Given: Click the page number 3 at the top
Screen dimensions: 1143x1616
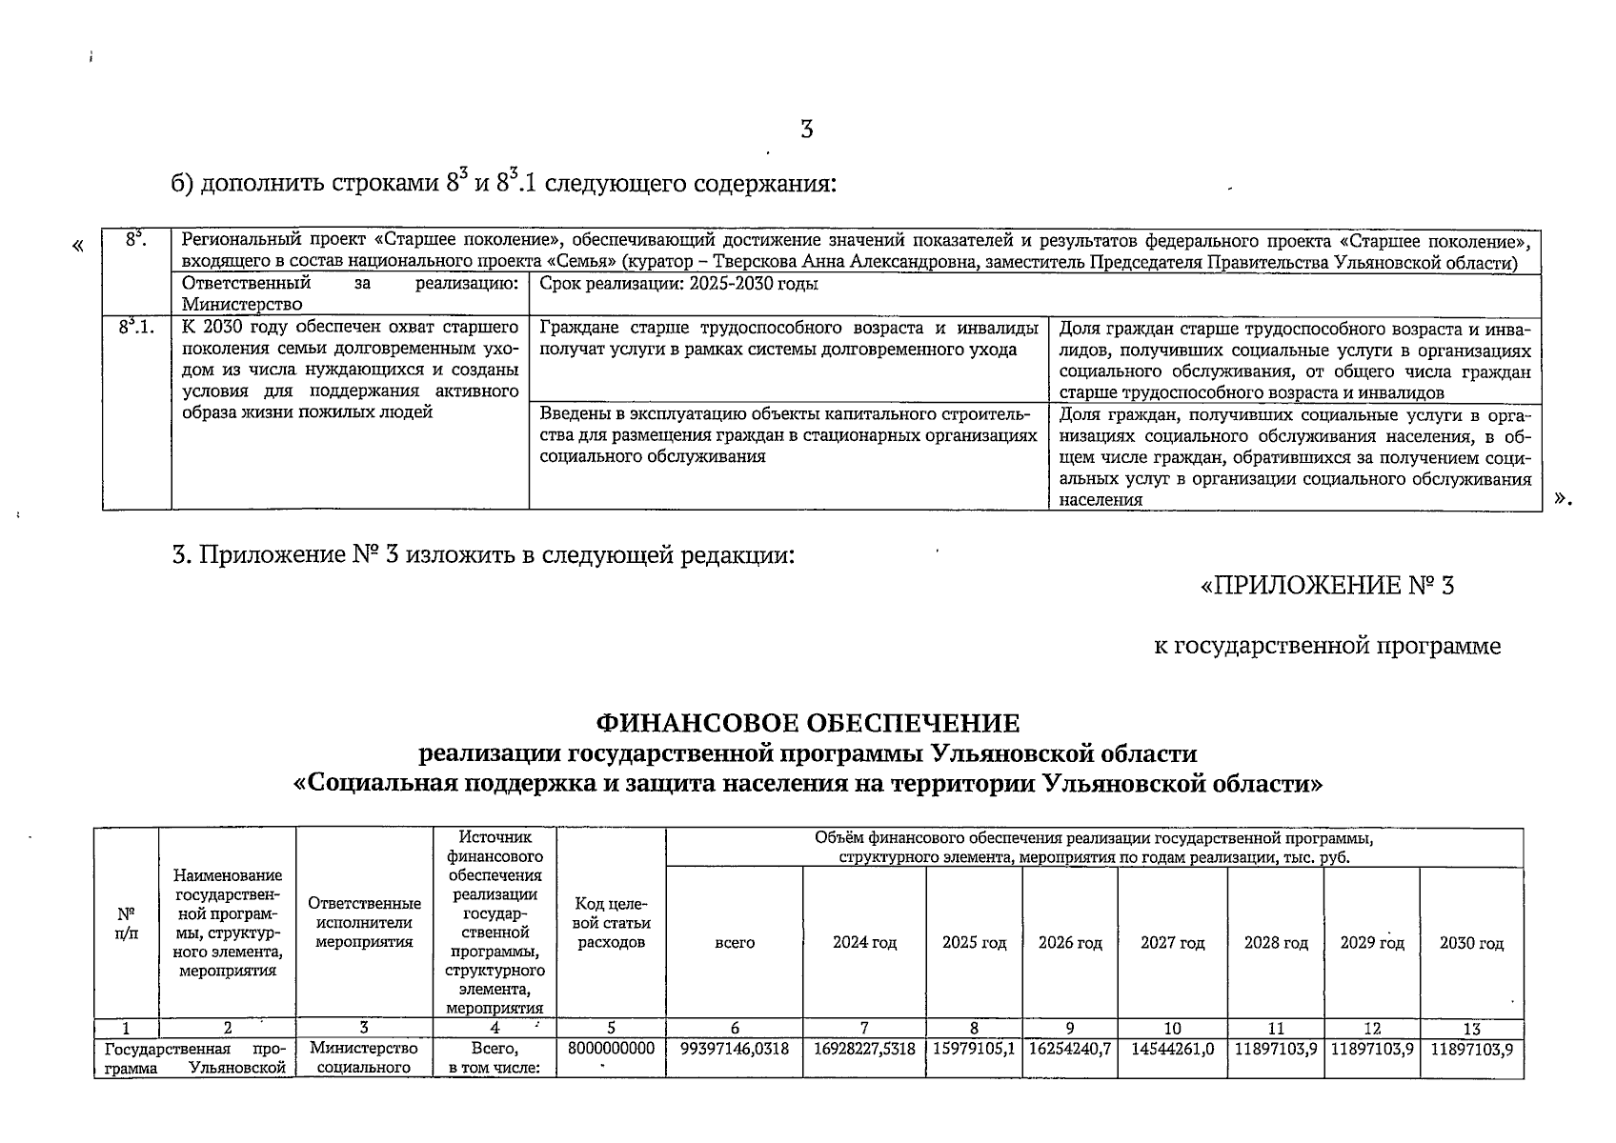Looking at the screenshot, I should coord(806,130).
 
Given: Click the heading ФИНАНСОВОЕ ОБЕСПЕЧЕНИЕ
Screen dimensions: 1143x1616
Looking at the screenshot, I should coord(807,725).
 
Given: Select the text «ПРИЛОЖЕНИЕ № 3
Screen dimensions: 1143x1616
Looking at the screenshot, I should coord(1327,585).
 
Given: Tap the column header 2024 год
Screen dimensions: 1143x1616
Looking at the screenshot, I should coord(864,943).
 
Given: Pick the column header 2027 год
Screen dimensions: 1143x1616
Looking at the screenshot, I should coord(1172,943).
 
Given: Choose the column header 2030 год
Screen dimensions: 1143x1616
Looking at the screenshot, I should coord(1471,943).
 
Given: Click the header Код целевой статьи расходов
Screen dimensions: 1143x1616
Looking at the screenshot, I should coord(611,923).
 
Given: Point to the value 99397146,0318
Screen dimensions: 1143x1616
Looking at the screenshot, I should coord(735,1049).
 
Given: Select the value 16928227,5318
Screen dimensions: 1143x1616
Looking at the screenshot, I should coord(864,1049).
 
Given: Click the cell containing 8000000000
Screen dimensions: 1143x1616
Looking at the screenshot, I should coord(611,1049).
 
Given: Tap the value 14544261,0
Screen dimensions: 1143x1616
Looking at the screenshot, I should coord(1172,1049).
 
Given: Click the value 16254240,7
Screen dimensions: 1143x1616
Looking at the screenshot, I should coord(1069,1049).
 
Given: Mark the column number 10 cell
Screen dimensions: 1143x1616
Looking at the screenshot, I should coord(1172,1029).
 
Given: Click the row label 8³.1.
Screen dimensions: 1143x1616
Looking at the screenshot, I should coord(136,329).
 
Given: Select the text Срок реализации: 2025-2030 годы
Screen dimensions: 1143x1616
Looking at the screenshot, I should coord(678,284).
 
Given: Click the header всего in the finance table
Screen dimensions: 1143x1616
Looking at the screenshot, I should coord(735,943).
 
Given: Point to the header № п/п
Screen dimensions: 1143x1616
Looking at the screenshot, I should coord(126,923).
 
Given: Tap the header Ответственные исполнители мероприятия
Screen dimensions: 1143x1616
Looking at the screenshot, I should coord(364,923).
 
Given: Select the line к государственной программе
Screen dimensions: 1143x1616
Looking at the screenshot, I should coord(1326,647).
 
